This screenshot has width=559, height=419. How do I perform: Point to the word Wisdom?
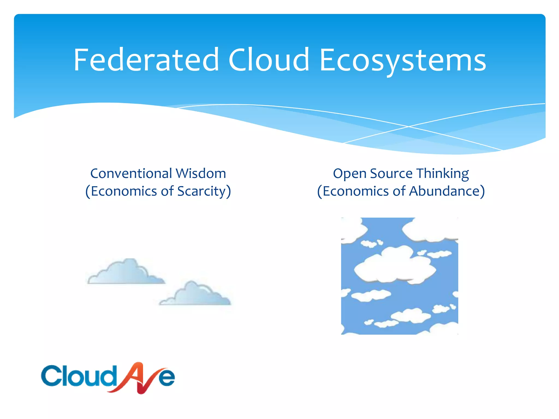point(201,173)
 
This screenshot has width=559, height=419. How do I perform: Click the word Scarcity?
point(201,191)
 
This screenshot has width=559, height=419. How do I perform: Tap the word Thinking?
point(442,174)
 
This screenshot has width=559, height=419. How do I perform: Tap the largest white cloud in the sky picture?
point(394,266)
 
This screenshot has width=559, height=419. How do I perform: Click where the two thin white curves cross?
point(409,127)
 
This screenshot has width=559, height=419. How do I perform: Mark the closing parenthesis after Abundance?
point(482,191)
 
